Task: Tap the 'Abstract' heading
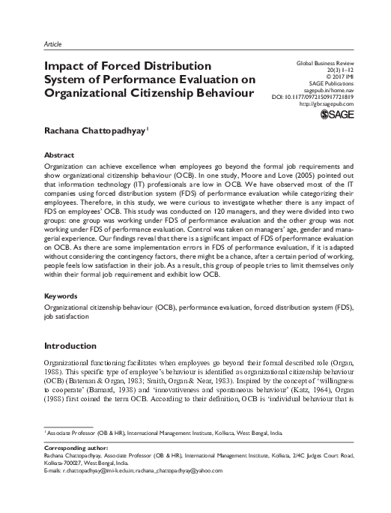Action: coord(62,153)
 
